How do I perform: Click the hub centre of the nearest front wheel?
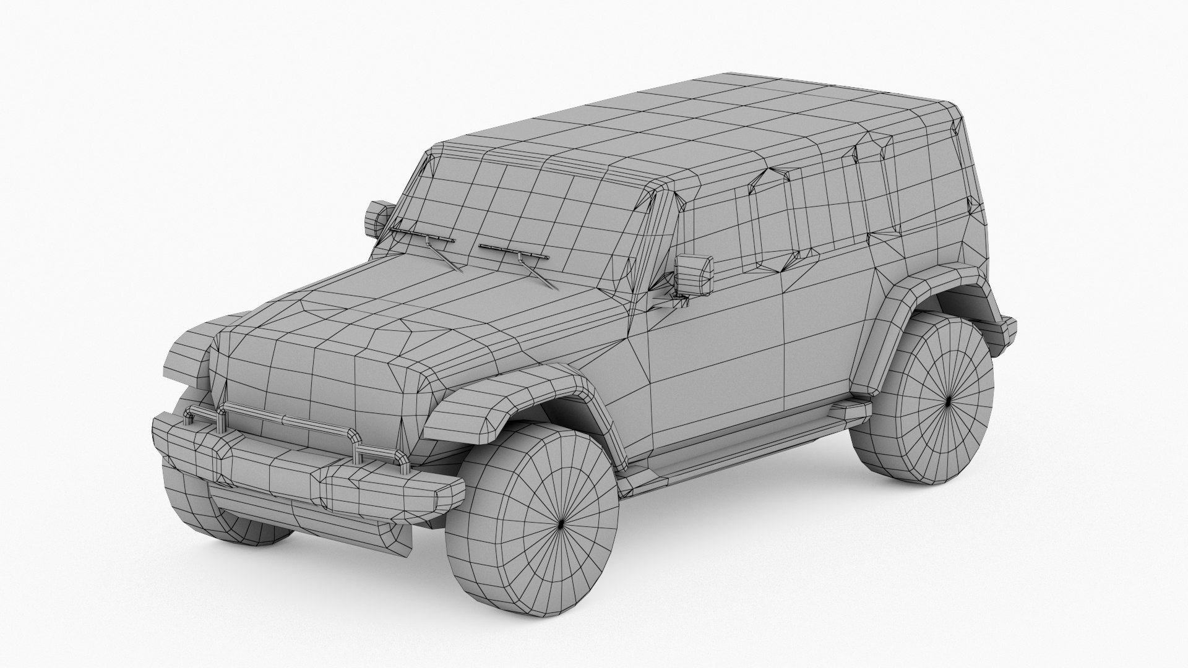(561, 525)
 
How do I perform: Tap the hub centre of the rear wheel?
(950, 401)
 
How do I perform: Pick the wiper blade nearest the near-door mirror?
(514, 251)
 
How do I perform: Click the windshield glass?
(520, 204)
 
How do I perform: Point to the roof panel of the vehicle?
(712, 118)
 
